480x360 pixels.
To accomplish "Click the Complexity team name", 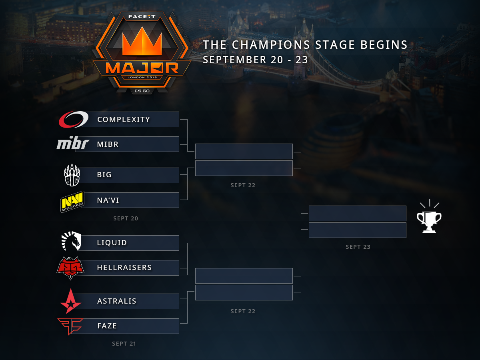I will point(124,120).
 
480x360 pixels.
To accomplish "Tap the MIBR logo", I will point(72,144).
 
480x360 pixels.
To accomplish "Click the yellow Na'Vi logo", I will point(72,201).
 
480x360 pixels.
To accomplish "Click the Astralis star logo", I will point(71,301).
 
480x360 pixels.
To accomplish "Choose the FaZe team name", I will point(107,326).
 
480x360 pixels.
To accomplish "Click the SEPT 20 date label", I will point(126,219).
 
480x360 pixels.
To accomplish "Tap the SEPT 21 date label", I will point(124,344).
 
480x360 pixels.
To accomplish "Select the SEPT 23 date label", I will point(358,247).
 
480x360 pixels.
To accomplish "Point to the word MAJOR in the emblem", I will point(142,68).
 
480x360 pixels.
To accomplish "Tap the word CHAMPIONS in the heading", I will point(272,45).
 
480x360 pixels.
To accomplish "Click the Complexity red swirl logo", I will point(73,119).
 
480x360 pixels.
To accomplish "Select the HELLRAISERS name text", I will point(124,268).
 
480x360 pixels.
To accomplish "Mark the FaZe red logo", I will point(70,326).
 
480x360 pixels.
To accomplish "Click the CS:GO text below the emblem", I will point(142,92).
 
